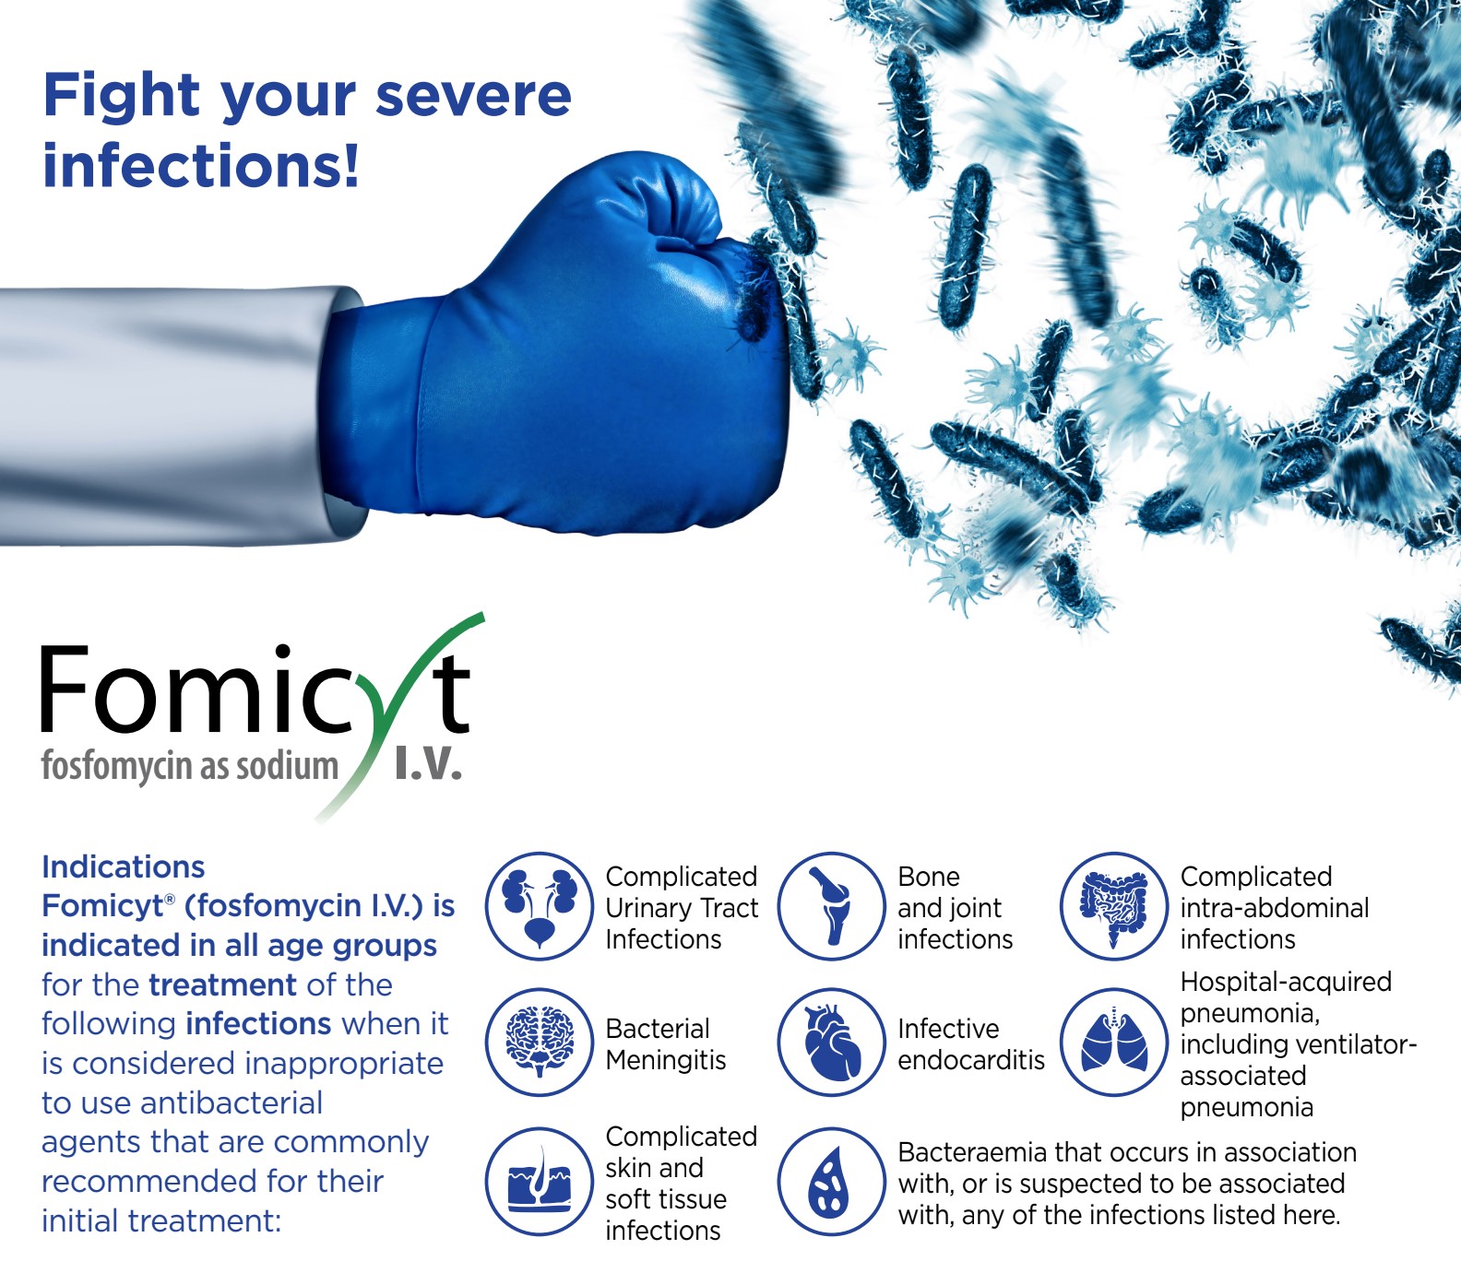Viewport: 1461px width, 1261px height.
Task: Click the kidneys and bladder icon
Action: point(540,906)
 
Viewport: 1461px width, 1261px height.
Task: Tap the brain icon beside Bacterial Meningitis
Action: point(540,1043)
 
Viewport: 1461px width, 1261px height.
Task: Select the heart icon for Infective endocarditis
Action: point(831,1043)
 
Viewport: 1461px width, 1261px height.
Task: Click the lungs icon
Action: point(1114,1043)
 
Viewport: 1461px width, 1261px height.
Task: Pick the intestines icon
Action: point(1114,906)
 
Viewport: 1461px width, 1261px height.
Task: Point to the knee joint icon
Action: point(831,906)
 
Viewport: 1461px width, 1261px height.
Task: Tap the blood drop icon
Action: point(831,1182)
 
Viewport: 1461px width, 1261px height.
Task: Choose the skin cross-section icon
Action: point(540,1182)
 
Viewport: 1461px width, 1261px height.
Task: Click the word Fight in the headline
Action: point(122,97)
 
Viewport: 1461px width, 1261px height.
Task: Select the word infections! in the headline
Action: point(201,166)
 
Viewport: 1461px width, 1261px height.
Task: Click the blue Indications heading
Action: point(124,867)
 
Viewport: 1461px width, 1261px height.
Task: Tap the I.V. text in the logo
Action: point(428,764)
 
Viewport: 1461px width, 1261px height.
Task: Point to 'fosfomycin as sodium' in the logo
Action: point(190,767)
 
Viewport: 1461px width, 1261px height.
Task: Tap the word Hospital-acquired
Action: point(1286,983)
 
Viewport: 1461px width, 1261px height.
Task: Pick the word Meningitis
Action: point(666,1061)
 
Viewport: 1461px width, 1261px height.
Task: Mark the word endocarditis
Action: point(971,1060)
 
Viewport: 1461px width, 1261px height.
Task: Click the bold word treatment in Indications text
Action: point(223,985)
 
